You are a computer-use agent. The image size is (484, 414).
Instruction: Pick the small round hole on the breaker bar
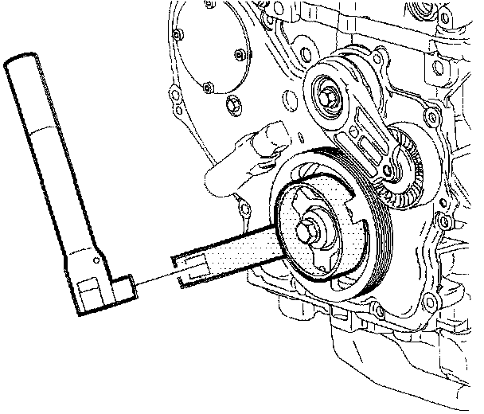98,259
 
